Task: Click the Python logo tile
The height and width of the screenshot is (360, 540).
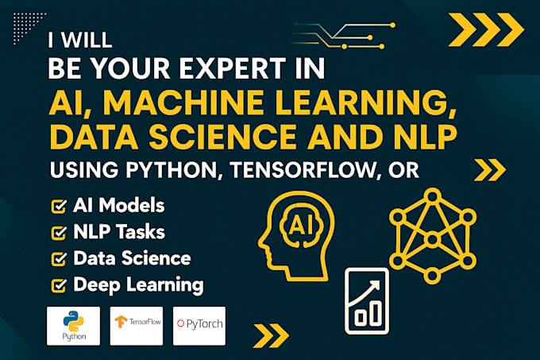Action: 73,326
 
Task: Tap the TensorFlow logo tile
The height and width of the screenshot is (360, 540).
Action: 136,326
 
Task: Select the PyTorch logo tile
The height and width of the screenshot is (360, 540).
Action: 199,326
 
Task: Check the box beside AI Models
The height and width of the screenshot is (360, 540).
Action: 58,207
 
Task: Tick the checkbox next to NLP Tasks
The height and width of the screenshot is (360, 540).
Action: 58,233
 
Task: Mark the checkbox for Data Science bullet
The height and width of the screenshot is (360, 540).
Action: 58,259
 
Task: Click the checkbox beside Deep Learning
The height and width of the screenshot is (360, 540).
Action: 58,285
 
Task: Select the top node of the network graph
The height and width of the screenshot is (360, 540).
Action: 433,195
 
